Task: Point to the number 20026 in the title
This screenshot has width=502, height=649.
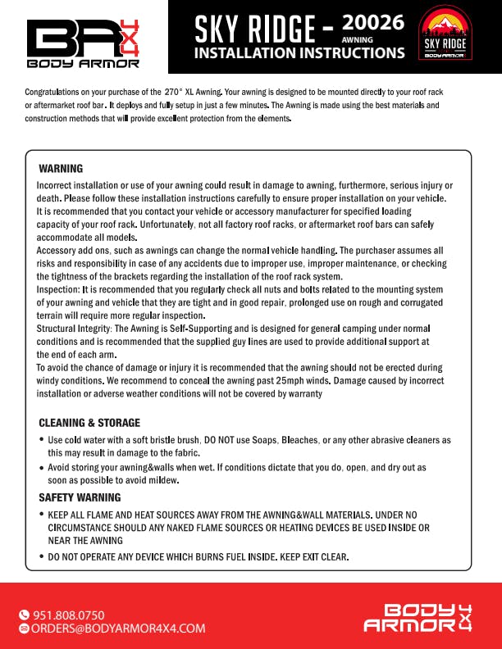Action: pos(373,23)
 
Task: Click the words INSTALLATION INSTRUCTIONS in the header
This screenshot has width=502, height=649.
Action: pos(299,53)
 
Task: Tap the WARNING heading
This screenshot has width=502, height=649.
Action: pos(61,169)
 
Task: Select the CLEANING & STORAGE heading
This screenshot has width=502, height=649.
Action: pos(89,423)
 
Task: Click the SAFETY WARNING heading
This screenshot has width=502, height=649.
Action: pos(80,497)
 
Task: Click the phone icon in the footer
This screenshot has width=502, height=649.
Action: pos(24,615)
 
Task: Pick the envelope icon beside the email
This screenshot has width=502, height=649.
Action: pos(24,629)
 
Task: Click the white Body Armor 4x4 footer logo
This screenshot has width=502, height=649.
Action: pos(418,618)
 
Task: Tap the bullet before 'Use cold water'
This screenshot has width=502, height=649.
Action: pos(42,441)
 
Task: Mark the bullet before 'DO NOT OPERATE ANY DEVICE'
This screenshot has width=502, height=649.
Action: pos(42,557)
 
